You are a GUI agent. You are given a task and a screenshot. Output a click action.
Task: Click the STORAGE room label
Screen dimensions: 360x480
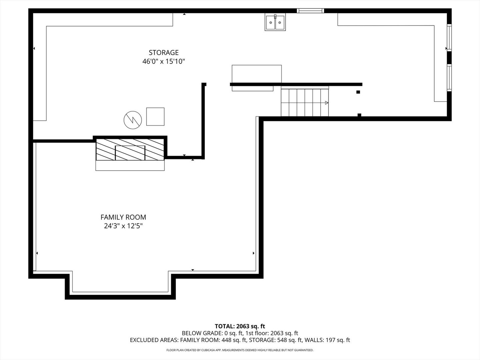[x=163, y=53]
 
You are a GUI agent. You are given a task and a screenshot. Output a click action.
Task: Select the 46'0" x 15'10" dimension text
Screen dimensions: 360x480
[x=163, y=62]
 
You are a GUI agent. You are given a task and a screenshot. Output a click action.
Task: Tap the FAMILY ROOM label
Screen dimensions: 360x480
[x=123, y=217]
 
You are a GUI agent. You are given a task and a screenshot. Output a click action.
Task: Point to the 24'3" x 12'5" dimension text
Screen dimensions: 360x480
[x=123, y=226]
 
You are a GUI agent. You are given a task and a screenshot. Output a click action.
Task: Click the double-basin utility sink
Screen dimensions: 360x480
[x=275, y=22]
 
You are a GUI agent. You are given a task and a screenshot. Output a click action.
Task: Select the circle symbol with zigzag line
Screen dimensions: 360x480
[x=132, y=119]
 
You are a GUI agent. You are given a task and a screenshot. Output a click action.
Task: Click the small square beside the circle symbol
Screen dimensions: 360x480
[x=155, y=117]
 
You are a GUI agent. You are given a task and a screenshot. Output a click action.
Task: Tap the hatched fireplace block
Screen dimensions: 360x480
[x=130, y=149]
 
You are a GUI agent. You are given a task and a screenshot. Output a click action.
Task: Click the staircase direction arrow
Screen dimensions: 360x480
[x=327, y=103]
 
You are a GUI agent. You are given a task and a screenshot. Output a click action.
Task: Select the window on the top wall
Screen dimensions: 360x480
[x=310, y=11]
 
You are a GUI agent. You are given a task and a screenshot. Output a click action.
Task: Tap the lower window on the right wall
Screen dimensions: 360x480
[x=449, y=78]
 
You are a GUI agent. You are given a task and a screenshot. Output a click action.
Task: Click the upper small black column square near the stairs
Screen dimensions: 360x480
[x=358, y=92]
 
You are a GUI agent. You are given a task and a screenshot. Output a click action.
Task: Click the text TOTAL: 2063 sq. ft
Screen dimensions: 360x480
[x=240, y=326]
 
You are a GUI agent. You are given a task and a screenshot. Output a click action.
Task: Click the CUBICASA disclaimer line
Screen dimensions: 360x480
[x=240, y=350]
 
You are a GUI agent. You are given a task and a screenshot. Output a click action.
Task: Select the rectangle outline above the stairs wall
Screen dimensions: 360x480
[x=256, y=74]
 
